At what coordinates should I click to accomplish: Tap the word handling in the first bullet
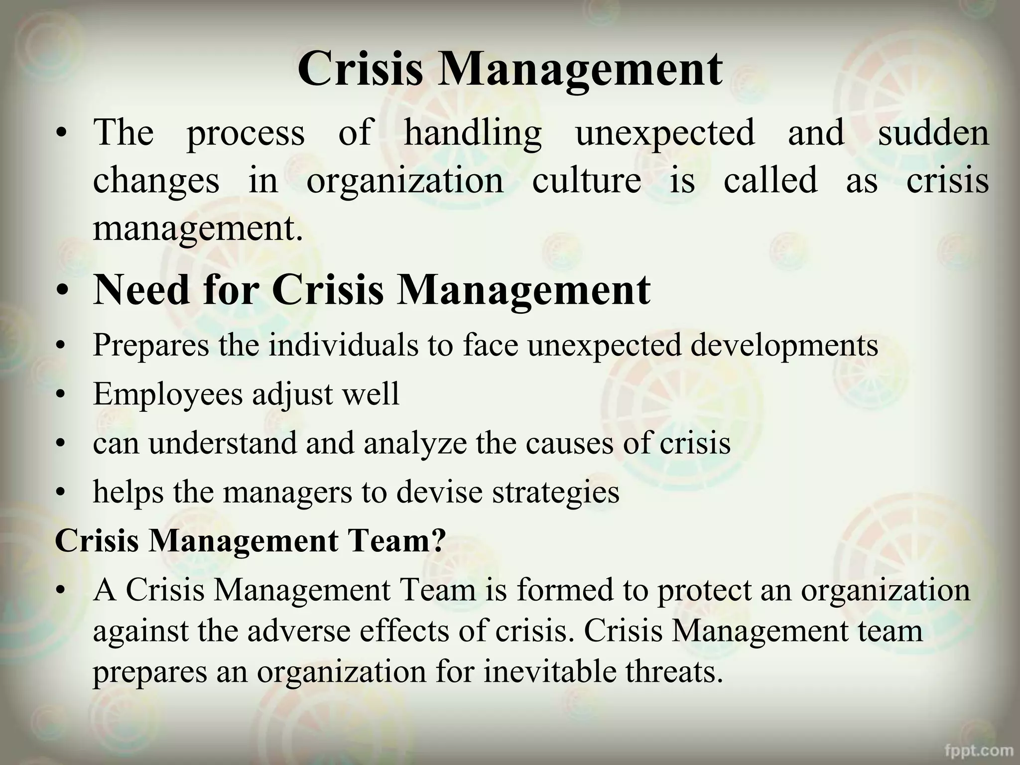tap(472, 133)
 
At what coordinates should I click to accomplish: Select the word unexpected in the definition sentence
tap(665, 133)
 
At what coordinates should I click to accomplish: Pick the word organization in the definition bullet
tap(404, 181)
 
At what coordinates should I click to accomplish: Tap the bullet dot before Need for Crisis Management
tap(62, 291)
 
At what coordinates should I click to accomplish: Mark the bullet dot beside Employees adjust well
tap(61, 395)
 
